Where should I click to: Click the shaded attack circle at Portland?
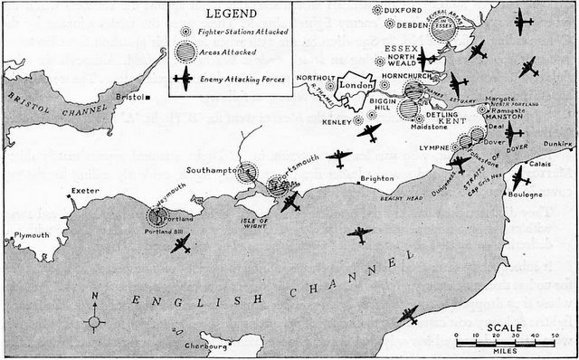[161, 215]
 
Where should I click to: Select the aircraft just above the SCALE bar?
[408, 315]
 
